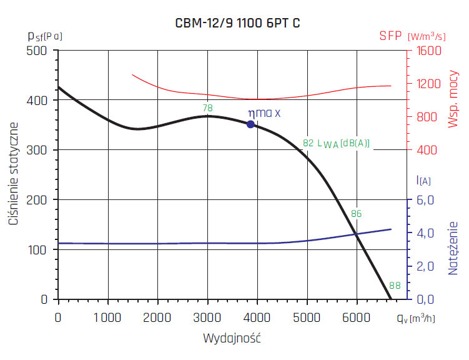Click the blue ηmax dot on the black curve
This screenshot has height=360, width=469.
tap(250, 124)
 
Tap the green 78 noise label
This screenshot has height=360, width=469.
tap(208, 108)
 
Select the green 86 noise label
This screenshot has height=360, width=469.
tap(357, 213)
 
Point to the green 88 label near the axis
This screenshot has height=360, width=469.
tap(395, 286)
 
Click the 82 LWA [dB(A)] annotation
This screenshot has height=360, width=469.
tap(336, 142)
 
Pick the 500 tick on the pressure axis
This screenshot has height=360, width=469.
tap(39, 51)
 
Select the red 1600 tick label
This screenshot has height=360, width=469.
tap(429, 51)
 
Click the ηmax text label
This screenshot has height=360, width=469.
tap(264, 113)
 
